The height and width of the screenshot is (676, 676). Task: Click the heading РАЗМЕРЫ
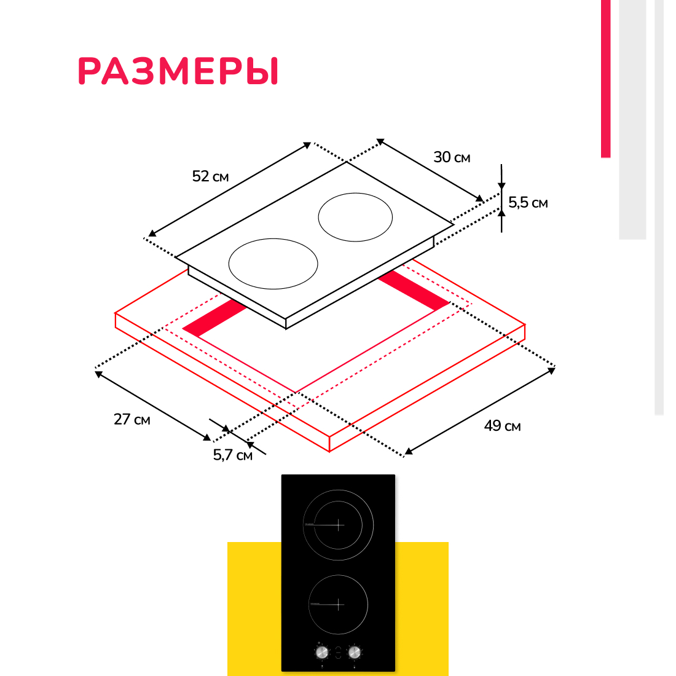tap(178, 71)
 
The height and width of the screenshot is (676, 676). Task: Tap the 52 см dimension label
tap(210, 176)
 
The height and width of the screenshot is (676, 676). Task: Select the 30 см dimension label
tap(452, 157)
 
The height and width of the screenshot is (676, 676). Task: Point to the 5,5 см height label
tap(528, 203)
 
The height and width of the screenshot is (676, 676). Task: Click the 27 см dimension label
tap(132, 420)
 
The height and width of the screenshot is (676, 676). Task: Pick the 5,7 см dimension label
tap(233, 455)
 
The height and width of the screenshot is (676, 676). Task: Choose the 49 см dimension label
tap(502, 426)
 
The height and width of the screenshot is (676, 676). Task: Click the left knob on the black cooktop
tap(322, 652)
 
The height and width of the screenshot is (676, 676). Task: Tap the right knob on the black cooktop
tap(355, 652)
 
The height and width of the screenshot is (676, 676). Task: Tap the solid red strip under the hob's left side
tap(214, 318)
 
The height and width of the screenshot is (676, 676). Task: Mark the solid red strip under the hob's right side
tap(414, 289)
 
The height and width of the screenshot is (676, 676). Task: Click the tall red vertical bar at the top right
tap(606, 79)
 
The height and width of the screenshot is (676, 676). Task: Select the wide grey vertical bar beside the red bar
tap(632, 119)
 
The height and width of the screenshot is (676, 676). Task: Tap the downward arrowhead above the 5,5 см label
tap(501, 186)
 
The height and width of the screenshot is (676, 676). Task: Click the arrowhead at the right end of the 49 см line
tap(551, 370)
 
